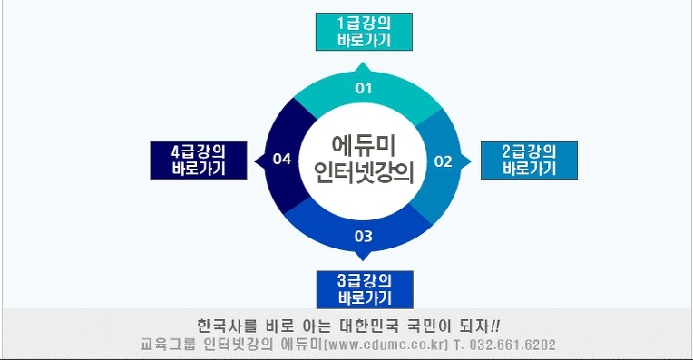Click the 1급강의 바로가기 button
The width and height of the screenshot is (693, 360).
pos(364,32)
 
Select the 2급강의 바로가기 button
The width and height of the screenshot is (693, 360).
pos(529,161)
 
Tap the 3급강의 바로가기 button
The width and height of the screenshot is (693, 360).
pos(365,290)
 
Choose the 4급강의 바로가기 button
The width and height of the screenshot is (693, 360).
pos(199,161)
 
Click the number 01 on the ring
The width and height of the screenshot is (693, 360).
pos(364,88)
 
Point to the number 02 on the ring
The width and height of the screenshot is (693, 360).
pos(443,161)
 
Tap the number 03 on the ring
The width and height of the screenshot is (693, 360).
pos(364,237)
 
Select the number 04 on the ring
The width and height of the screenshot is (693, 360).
pos(282,159)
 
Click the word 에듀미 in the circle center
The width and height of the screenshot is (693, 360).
pos(364,145)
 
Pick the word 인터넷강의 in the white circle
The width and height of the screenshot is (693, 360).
pos(364,172)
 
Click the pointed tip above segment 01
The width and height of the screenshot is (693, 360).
pos(364,63)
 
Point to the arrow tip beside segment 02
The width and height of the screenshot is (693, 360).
pos(471,161)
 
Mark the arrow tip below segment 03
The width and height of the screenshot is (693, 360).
pos(363,260)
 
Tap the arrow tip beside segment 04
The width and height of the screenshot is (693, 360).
pos(255,161)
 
